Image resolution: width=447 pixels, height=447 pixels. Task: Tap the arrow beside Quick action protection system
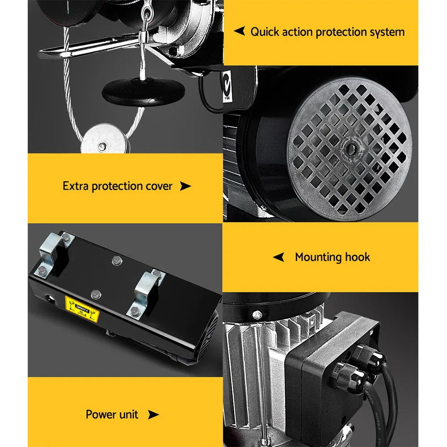pyautogui.click(x=240, y=31)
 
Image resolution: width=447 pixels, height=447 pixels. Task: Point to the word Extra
pyautogui.click(x=76, y=186)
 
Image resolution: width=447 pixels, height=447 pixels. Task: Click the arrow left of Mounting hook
pyautogui.click(x=278, y=257)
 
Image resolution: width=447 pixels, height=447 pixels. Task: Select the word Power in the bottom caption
pyautogui.click(x=99, y=414)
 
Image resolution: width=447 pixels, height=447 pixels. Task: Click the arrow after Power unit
pyautogui.click(x=153, y=415)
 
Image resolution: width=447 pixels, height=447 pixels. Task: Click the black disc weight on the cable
pyautogui.click(x=143, y=91)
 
